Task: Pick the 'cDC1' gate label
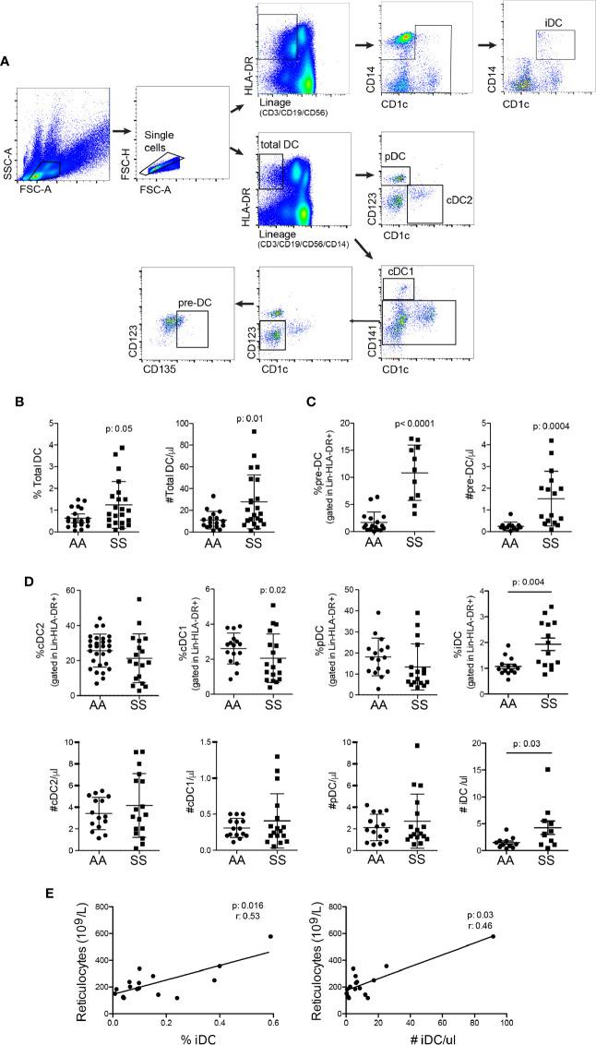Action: click(405, 272)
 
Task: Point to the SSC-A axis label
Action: click(7, 164)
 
